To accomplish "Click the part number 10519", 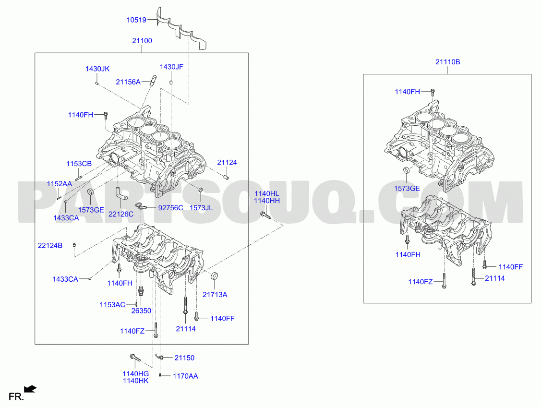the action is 136,20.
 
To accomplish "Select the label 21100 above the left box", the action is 142,41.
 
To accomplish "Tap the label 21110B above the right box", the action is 447,62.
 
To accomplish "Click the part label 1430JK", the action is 97,69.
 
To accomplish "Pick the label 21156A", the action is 128,82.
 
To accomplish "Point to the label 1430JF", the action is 171,67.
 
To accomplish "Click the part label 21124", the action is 227,162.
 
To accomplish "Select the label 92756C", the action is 170,208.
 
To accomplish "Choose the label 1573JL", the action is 201,208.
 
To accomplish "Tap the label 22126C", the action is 121,214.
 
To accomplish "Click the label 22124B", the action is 50,246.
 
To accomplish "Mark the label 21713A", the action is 215,295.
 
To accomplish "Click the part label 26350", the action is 142,311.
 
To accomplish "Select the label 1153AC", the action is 112,305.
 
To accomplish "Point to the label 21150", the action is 184,358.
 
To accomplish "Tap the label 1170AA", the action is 185,376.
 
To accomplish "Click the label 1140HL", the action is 267,194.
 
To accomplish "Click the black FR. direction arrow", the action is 31,389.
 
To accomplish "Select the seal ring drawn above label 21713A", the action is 215,276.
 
